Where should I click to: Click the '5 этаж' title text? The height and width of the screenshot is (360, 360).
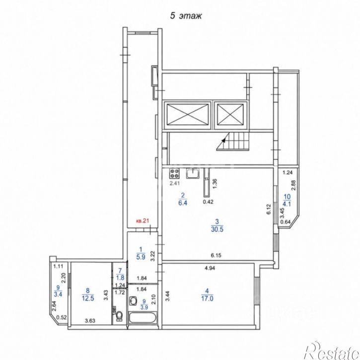[186, 16]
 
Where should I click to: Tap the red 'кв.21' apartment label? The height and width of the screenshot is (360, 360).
[143, 221]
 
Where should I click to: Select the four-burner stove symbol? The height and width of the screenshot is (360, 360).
[174, 173]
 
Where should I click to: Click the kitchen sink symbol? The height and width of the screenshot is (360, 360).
[193, 173]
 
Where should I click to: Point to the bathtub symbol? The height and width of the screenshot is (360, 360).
[143, 318]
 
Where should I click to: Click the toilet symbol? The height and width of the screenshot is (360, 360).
[119, 316]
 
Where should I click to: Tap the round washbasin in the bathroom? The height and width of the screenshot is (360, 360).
[133, 300]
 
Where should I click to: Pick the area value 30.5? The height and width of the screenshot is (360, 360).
[217, 229]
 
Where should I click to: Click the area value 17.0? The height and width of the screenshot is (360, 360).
[207, 298]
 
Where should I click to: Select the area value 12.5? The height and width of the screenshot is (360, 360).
[88, 298]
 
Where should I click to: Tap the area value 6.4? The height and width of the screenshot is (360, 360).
[183, 203]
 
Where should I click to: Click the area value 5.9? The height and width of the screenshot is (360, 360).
[141, 257]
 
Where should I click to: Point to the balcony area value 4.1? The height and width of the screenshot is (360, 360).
[287, 204]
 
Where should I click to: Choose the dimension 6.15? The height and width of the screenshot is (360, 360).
[216, 255]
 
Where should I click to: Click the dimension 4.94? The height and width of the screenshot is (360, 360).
[210, 268]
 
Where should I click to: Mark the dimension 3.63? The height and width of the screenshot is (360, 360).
[90, 321]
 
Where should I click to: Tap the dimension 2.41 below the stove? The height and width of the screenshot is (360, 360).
[174, 183]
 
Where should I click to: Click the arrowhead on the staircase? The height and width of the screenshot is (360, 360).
[223, 140]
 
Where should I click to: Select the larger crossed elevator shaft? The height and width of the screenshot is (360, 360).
[188, 115]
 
